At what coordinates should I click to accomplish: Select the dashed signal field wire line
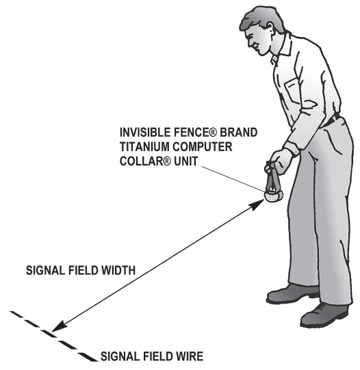pos(51,334)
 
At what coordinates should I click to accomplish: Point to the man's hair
pos(263,15)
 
